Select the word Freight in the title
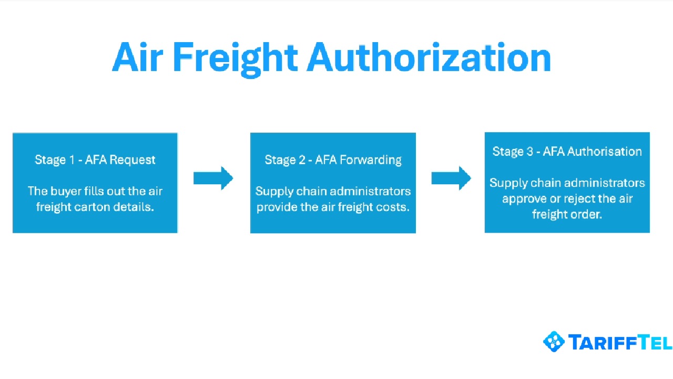(x=234, y=57)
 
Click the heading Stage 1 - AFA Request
(x=95, y=159)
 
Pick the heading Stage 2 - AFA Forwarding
(x=333, y=159)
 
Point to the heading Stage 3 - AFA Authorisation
(x=567, y=152)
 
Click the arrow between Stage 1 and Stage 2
(x=213, y=178)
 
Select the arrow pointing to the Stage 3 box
(x=451, y=178)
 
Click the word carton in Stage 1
(x=94, y=207)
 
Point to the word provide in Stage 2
(x=276, y=207)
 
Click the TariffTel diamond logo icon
(x=553, y=342)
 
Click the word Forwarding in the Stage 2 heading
(x=371, y=159)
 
